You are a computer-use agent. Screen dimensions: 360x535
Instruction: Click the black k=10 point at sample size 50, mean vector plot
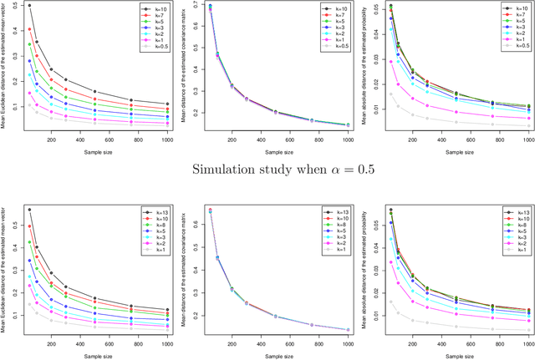[x=29, y=6]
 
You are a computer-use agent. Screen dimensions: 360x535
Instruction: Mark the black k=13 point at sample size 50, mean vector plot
[x=29, y=210]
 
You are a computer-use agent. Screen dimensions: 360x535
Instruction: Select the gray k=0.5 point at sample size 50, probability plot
[x=390, y=94]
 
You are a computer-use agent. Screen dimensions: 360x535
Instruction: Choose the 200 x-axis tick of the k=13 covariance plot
[x=229, y=342]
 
